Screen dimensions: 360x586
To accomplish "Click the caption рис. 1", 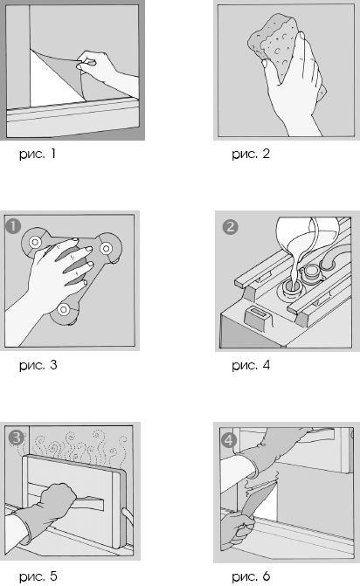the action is [38, 154].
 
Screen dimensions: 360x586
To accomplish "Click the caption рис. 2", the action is [251, 154].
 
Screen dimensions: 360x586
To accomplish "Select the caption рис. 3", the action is [38, 365].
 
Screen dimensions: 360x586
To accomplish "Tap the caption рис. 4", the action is [251, 365].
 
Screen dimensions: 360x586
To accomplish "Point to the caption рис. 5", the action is [38, 576].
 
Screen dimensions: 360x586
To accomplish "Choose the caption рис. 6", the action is [251, 576].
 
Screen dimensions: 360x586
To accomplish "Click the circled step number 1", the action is [13, 226].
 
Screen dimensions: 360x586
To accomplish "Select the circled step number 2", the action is [231, 227].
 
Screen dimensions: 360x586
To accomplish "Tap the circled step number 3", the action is [16, 438].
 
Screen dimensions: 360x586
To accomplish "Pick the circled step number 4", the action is [228, 440].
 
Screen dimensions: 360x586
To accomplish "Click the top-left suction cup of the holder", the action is [35, 242].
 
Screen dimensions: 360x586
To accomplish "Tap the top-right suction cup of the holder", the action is [107, 247].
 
